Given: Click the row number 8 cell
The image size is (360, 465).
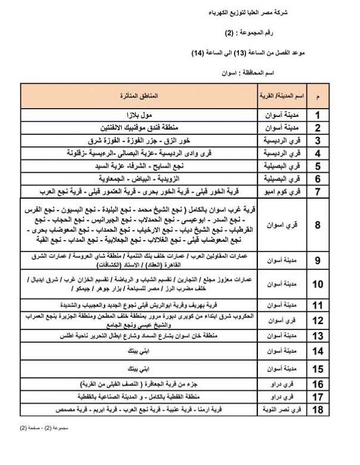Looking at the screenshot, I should pos(318,225).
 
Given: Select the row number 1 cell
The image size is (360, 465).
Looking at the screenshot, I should pos(318,114).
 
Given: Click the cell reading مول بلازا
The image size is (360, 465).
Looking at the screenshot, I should pos(143,114).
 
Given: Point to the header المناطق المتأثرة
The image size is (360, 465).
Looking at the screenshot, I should pos(143,96).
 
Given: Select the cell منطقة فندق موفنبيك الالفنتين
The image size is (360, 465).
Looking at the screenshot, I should pos(143,127).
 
